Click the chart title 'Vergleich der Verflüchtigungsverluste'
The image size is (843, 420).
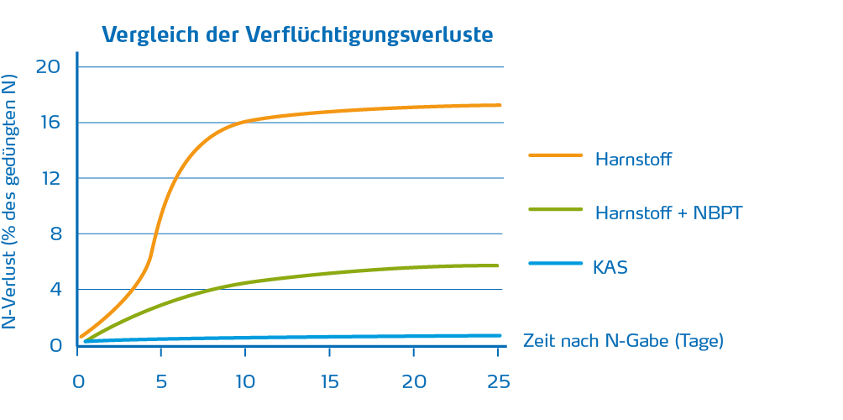pos(297,34)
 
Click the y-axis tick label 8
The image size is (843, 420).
pos(56,234)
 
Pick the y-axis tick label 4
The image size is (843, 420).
pos(56,290)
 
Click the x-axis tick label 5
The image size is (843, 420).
pos(161,381)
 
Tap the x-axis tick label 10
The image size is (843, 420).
pos(244,381)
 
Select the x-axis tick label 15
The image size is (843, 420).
pos(329,381)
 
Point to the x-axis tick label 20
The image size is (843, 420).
pos(413,381)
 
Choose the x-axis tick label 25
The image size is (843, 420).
pos(497,381)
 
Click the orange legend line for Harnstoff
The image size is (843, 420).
pos(555,155)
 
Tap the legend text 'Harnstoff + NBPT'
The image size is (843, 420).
pos(668,213)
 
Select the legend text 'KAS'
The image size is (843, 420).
pos(610,269)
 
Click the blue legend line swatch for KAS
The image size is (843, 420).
pos(555,264)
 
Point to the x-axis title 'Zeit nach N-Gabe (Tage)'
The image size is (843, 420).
pos(623,341)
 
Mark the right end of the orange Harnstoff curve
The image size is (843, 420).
pos(500,105)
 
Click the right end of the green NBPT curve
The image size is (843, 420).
pos(498,265)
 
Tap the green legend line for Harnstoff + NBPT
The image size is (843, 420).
pos(555,209)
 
